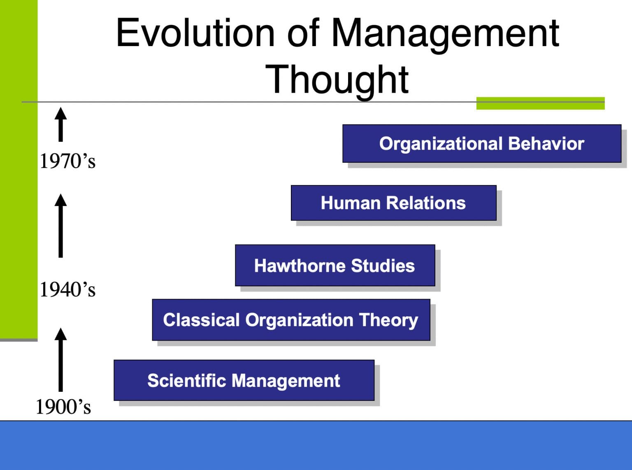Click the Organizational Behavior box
click(481, 143)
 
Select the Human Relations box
click(393, 203)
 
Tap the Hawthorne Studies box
click(335, 265)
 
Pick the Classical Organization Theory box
click(290, 320)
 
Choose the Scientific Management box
click(244, 380)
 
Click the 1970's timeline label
click(67, 161)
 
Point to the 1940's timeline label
click(67, 290)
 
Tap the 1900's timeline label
click(63, 407)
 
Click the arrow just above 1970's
click(61, 124)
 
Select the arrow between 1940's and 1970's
click(61, 226)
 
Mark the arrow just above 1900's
click(61, 360)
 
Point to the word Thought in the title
click(337, 80)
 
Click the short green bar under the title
click(540, 103)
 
